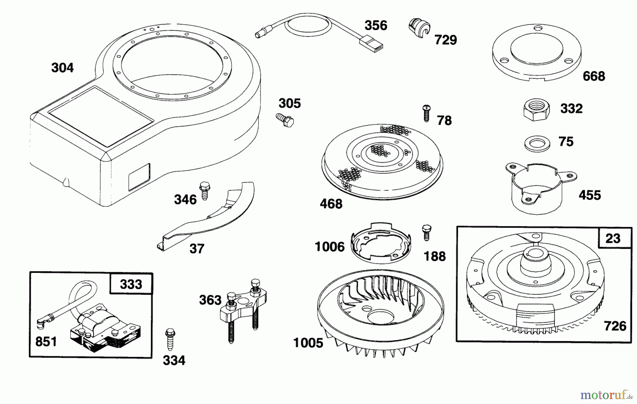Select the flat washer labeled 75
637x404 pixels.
point(537,144)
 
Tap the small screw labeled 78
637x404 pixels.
point(426,113)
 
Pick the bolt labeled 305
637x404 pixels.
point(285,119)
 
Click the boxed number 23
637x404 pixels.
point(613,238)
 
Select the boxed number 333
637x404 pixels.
point(131,284)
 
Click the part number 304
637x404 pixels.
point(62,68)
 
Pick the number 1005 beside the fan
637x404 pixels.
point(308,342)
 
